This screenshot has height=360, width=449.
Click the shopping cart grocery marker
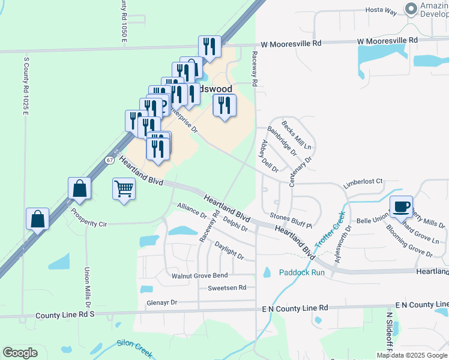pyautogui.click(x=124, y=190)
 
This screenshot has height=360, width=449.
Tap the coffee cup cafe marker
pyautogui.click(x=402, y=207)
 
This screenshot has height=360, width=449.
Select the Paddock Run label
pyautogui.click(x=301, y=272)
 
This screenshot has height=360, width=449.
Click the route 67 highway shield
pyautogui.click(x=109, y=160)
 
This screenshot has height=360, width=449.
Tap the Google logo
pyautogui.click(x=20, y=353)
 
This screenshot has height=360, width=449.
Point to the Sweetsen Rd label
pyautogui.click(x=227, y=288)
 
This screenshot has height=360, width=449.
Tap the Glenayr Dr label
pyautogui.click(x=162, y=303)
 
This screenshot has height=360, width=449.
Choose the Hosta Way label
pyautogui.click(x=382, y=11)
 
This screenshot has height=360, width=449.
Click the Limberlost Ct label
pyautogui.click(x=363, y=181)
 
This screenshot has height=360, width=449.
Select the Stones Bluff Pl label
pyautogui.click(x=291, y=221)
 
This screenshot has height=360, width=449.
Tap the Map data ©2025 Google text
pyautogui.click(x=412, y=355)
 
